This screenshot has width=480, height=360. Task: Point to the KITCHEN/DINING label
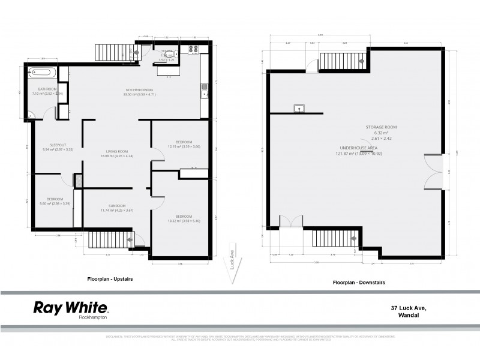coord(139,91)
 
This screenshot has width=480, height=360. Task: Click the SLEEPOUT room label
coord(57,146)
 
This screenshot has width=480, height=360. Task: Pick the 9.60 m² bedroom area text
coord(55,203)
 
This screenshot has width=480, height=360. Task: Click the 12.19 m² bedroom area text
coord(180,146)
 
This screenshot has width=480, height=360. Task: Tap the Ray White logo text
coord(70,308)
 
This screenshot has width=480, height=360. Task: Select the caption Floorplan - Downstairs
coord(359,281)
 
